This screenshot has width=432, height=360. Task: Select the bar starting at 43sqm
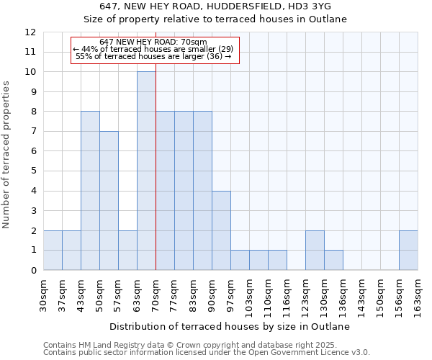[x=90, y=191]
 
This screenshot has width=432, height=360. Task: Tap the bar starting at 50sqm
[x=109, y=201]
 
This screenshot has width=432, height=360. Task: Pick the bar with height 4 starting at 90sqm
[x=221, y=230]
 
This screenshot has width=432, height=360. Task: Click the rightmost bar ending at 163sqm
[x=408, y=251]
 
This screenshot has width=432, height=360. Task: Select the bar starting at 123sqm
[x=315, y=251]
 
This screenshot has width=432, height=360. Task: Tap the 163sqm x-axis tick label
[x=418, y=293]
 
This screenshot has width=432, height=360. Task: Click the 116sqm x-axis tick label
[x=287, y=293]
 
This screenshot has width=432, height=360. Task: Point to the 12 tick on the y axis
[x=30, y=32]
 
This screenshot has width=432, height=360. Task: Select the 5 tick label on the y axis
[x=33, y=171]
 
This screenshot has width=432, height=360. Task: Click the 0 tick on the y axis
[x=33, y=270]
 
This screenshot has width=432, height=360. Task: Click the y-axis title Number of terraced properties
[x=7, y=155]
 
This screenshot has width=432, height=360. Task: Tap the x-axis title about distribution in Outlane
[x=230, y=326]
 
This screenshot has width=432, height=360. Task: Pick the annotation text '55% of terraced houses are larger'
[x=153, y=56]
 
